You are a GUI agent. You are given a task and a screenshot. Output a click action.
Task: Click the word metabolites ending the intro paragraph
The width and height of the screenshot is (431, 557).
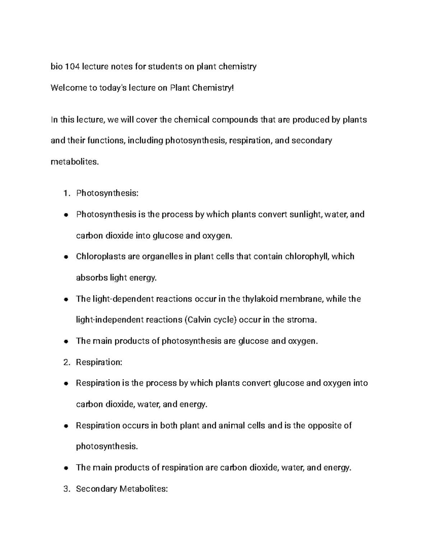74,162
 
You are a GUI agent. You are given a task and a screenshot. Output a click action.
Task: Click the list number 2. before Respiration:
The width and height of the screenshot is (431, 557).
66,362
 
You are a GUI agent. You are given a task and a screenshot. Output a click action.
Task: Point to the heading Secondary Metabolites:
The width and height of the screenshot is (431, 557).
122,489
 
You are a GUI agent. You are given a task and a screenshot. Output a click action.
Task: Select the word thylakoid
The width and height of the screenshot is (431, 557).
260,299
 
